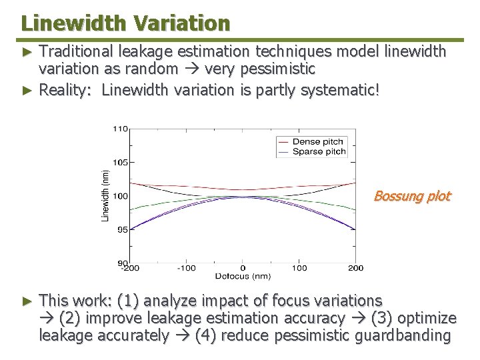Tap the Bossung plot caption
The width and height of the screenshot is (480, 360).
click(x=412, y=196)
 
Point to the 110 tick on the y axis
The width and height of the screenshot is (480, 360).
click(x=119, y=128)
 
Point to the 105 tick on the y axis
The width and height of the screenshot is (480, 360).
click(x=119, y=162)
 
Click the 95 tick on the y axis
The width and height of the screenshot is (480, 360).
click(x=121, y=229)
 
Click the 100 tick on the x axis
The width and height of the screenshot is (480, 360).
click(x=299, y=268)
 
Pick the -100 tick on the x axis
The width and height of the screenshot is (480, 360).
click(x=186, y=268)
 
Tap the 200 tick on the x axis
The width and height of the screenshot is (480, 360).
click(x=356, y=268)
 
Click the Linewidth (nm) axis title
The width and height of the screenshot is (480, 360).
click(x=105, y=195)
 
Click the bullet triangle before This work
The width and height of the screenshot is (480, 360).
click(x=27, y=301)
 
